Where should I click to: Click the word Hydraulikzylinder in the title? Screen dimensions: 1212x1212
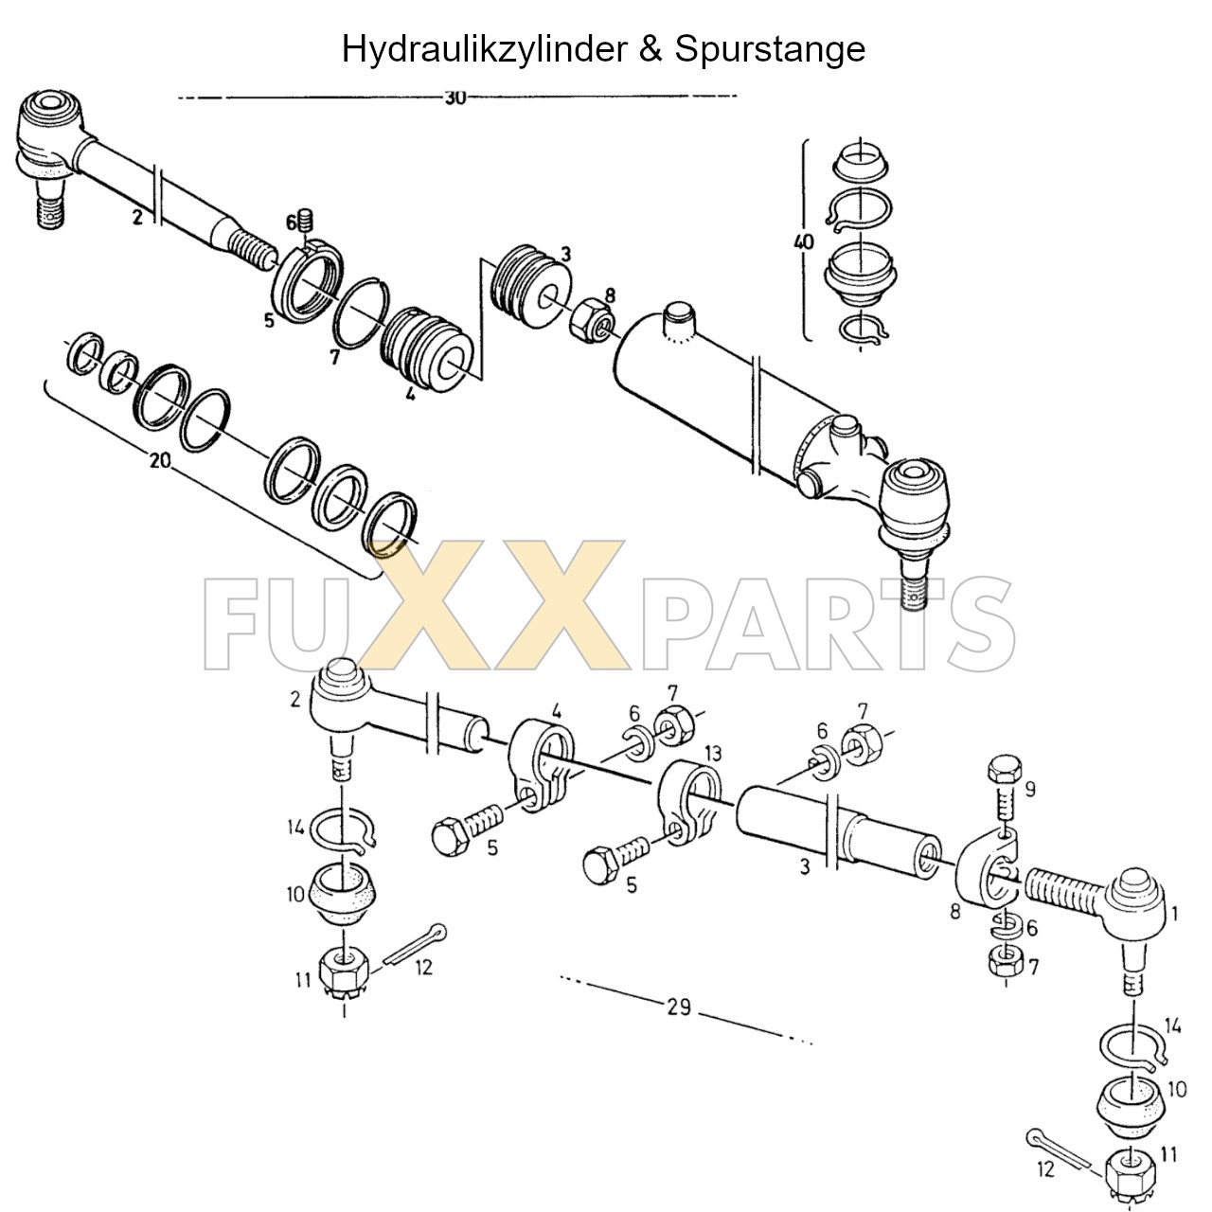click(485, 48)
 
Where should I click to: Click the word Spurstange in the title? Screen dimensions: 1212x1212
click(770, 48)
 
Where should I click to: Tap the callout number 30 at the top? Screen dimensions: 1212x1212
click(454, 98)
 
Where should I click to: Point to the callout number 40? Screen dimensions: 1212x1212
click(803, 242)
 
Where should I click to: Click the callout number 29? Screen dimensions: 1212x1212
click(678, 1007)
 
